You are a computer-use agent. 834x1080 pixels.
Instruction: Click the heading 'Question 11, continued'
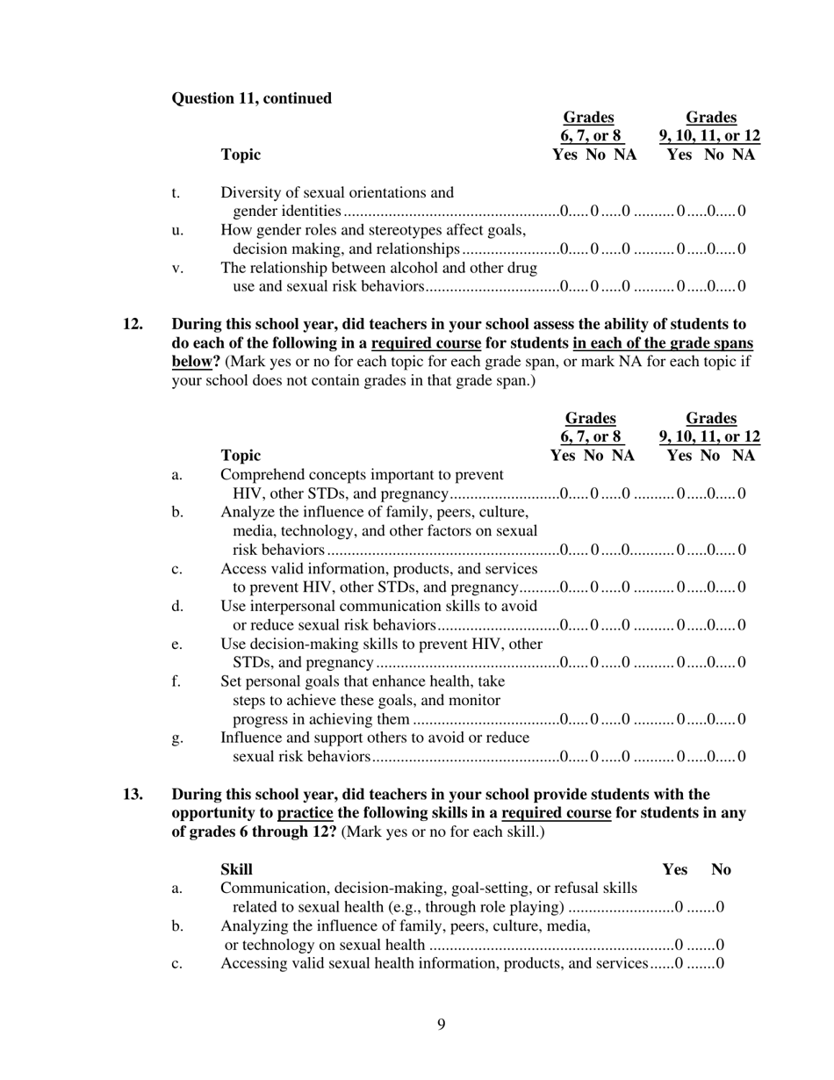(251, 98)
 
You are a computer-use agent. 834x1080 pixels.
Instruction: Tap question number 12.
(132, 324)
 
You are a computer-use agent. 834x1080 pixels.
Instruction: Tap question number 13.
(132, 795)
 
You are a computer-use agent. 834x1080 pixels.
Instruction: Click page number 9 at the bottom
(441, 1024)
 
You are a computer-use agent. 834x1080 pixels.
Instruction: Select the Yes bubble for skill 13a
(678, 907)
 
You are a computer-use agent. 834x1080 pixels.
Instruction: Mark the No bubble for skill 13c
(720, 963)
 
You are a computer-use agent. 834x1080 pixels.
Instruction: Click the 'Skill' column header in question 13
(236, 869)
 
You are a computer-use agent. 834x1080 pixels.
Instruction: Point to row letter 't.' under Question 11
(176, 192)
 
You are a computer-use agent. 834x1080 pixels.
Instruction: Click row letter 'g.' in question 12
(177, 738)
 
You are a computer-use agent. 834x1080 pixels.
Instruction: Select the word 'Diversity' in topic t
(250, 192)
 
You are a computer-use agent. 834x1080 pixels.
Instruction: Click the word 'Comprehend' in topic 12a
(262, 474)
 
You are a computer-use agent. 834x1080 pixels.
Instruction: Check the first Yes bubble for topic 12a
(564, 493)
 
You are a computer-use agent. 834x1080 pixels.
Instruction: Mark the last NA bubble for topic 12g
(742, 756)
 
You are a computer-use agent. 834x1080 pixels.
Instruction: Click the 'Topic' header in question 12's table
(241, 455)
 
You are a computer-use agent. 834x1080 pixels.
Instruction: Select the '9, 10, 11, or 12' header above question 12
(709, 436)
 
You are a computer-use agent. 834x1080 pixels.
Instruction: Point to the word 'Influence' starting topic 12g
(252, 738)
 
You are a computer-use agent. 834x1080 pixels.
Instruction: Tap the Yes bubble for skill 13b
(678, 945)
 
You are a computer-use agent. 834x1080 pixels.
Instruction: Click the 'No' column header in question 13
(721, 869)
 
